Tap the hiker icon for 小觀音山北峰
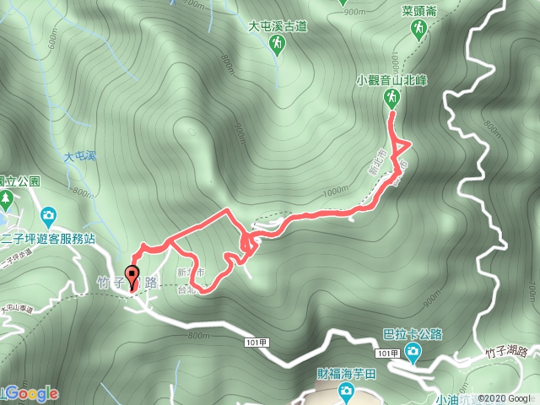click(x=392, y=99)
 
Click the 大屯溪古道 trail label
click(x=277, y=27)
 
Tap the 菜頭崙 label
click(x=419, y=13)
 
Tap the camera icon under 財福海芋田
click(x=346, y=390)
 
